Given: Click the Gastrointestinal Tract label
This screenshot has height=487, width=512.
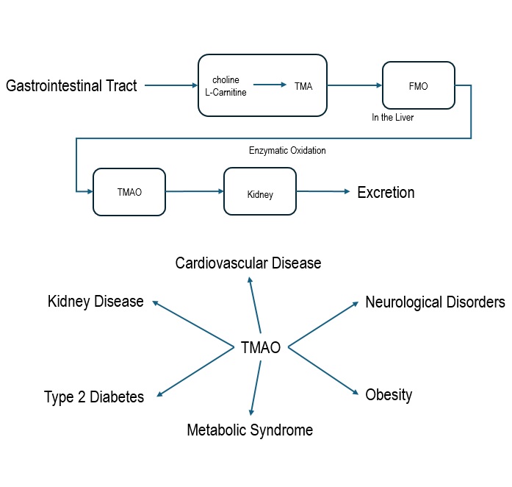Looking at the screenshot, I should (x=71, y=86).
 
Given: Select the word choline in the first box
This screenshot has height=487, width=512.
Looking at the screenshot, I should (x=226, y=80).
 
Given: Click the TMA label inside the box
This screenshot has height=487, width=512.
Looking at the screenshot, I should (x=303, y=86).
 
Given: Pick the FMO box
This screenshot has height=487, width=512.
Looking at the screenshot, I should (x=417, y=86).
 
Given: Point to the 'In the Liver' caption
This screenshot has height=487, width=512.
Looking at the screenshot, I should (x=393, y=118).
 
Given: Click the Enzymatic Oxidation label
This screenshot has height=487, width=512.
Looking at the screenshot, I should (x=287, y=151).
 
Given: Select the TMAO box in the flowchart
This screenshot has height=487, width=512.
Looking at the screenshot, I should (x=129, y=192).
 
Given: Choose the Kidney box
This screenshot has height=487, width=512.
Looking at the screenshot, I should (x=260, y=194).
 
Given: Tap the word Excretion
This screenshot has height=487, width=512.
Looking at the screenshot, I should (x=386, y=193).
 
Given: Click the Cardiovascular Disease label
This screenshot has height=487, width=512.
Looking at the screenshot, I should (x=248, y=263).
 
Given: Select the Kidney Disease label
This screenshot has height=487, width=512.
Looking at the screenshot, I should (x=95, y=302).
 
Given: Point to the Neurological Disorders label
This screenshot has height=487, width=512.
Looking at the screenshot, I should (x=435, y=302).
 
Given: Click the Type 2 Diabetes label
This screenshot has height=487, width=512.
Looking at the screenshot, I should (x=94, y=397).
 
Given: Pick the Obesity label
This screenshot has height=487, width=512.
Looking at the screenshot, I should (x=389, y=395).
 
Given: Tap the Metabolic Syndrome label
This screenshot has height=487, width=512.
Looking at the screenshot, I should (x=250, y=430).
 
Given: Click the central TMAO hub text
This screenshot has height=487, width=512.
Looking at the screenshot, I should (x=261, y=348).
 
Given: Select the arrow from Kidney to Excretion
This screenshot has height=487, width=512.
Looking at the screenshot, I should (x=323, y=192).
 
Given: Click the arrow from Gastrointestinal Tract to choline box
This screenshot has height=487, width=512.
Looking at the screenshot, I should (x=171, y=86).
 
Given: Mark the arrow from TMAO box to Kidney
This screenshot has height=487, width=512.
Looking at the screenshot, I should (x=195, y=191).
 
